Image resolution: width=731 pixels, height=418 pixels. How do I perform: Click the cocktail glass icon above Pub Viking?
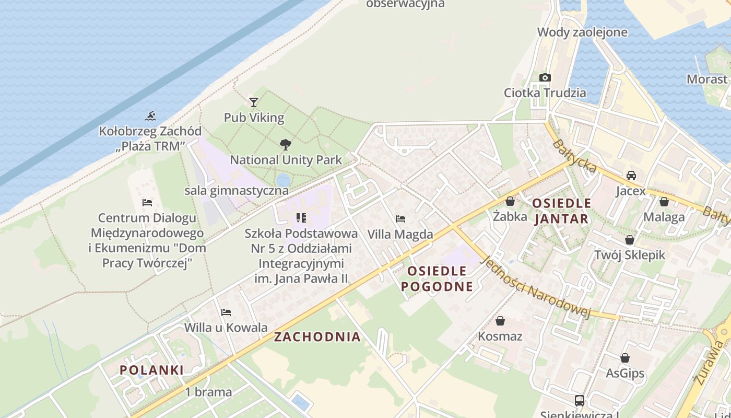(x=254, y=102)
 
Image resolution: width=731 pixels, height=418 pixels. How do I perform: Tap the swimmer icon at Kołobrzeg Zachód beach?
(x=151, y=116)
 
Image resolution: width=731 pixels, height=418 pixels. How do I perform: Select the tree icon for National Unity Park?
(x=285, y=145)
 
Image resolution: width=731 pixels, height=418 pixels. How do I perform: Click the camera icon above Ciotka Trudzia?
(x=545, y=78)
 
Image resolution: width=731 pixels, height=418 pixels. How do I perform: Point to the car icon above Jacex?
(x=631, y=176)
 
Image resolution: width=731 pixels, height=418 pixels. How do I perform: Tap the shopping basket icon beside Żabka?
(x=510, y=201)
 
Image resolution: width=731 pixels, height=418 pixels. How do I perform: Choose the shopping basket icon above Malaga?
(x=664, y=202)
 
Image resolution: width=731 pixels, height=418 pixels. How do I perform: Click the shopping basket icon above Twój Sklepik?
(x=630, y=240)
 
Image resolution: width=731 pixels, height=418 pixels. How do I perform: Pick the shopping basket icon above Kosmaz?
(x=500, y=321)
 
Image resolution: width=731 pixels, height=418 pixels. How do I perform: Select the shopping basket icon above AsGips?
(x=625, y=358)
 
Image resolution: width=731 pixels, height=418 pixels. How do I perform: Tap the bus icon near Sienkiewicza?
(x=580, y=401)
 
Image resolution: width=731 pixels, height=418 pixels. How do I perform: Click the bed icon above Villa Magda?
(x=400, y=219)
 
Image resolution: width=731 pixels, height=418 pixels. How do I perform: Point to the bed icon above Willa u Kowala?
(x=226, y=312)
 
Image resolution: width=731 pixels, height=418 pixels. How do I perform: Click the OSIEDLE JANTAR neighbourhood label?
(x=562, y=211)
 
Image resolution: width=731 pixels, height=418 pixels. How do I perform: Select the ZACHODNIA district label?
(x=317, y=337)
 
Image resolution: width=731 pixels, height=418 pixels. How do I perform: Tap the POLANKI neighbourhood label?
(x=151, y=370)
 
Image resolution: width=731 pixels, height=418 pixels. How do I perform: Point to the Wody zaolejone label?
(x=582, y=32)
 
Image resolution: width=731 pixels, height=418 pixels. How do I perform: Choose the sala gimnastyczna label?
(x=237, y=190)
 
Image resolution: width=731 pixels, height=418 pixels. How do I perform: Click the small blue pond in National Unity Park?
(x=284, y=180)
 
